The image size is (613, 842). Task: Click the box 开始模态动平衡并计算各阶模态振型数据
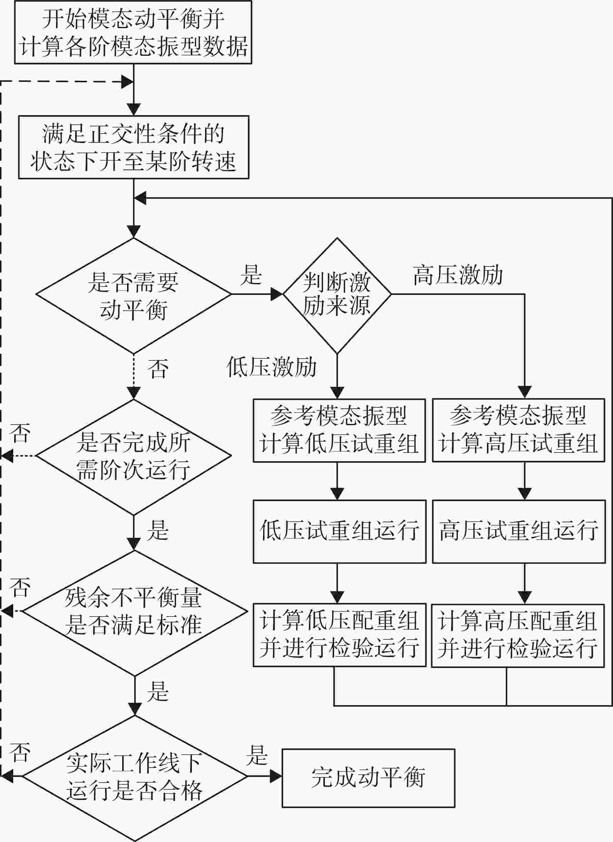[133, 32]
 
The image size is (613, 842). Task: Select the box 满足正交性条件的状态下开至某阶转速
[134, 147]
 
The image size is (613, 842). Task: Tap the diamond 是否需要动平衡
[134, 296]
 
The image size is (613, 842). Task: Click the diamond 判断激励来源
[337, 296]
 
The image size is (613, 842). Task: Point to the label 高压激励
[458, 275]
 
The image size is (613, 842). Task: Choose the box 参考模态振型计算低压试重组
[339, 430]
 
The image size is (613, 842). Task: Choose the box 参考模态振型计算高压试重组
[519, 430]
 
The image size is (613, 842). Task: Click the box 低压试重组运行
[339, 532]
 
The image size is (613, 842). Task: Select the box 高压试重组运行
[519, 532]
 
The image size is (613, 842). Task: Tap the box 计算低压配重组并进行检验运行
[339, 635]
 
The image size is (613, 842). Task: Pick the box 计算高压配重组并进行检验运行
[518, 635]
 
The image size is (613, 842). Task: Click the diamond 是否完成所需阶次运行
[134, 457]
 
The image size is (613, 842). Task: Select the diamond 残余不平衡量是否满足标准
[134, 613]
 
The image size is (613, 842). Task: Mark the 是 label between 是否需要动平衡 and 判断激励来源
[251, 275]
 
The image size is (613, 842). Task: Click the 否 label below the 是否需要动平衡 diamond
[158, 369]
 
